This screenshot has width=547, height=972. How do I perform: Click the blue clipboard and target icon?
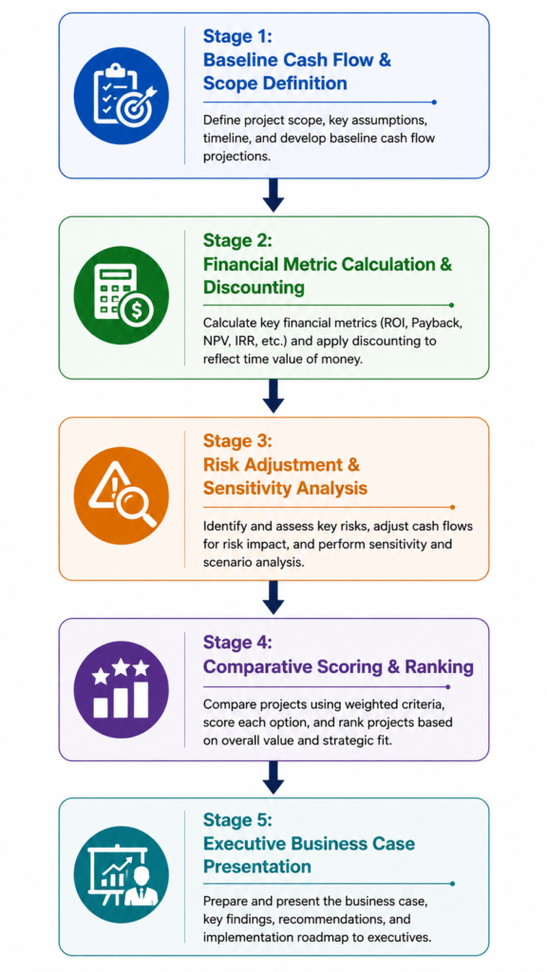[121, 96]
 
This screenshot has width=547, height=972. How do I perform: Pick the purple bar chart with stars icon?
[121, 689]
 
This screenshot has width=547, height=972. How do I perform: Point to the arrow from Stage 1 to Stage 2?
[273, 196]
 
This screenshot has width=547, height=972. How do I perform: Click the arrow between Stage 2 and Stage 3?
[273, 396]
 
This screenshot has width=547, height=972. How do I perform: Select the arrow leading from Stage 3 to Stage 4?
[273, 598]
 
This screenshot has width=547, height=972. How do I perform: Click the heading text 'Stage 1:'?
[236, 37]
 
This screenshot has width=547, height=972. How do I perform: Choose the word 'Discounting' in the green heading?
[255, 288]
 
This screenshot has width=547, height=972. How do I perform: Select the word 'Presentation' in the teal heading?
[257, 866]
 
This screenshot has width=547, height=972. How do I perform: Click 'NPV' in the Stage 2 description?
[216, 341]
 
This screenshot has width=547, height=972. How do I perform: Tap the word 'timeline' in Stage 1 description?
[226, 139]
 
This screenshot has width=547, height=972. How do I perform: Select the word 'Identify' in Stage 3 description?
[222, 527]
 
